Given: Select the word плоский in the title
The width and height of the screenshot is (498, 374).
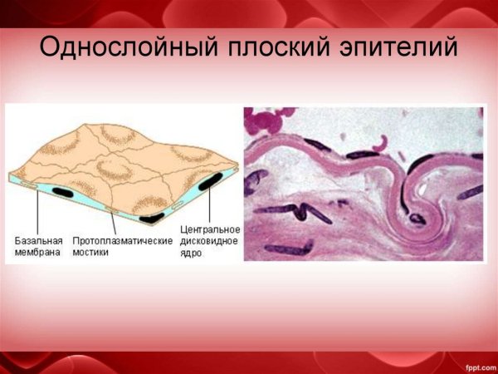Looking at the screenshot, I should (x=268, y=47).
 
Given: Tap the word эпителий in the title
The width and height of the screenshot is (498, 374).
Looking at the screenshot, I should (x=398, y=47).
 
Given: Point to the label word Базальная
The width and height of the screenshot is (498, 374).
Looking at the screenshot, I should (x=39, y=240).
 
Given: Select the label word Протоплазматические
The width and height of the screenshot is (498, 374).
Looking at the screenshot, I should (x=123, y=240).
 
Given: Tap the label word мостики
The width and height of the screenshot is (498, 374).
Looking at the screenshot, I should (x=91, y=252).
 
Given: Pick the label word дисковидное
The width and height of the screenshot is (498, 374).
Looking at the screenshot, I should (x=210, y=241).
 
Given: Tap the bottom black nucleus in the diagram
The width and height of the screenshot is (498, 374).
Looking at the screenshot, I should (x=152, y=218).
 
